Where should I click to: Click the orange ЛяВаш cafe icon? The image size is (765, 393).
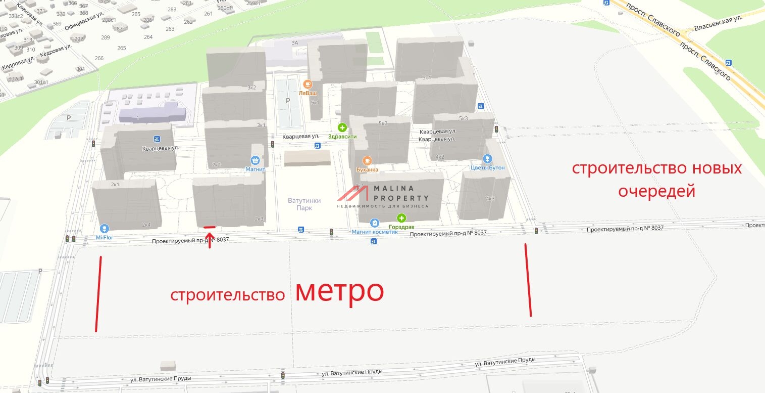tap(307, 84)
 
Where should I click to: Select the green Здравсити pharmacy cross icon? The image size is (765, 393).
tap(342, 127)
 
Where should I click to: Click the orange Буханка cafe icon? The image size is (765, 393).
tap(367, 160)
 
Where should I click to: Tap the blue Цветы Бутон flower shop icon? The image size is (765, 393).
tap(487, 158)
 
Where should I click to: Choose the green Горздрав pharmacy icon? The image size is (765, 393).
tap(401, 219)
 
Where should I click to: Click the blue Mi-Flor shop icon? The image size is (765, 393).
tap(105, 228)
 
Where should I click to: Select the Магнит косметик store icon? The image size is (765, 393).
tap(375, 222)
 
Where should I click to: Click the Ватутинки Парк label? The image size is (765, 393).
tap(304, 204)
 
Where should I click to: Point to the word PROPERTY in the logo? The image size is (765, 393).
tap(401, 198)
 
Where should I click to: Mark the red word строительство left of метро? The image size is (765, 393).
tap(228, 295)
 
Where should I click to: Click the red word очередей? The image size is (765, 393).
tap(657, 191)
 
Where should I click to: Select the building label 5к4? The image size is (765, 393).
tap(427, 78)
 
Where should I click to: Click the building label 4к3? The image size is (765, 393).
tap(490, 198)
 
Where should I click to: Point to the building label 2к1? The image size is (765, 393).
tap(115, 185)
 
